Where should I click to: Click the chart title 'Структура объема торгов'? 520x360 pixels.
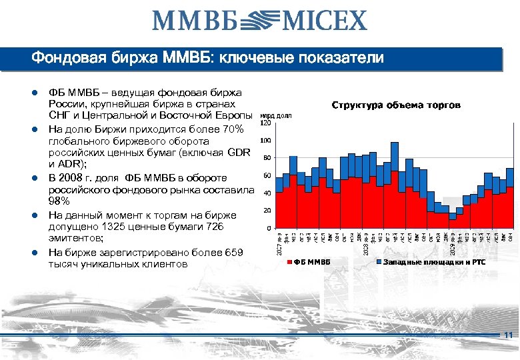(x=396, y=105)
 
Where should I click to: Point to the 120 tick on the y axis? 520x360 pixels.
(x=265, y=123)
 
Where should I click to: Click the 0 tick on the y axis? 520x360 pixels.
(x=267, y=229)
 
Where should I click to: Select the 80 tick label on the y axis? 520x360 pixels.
(x=266, y=159)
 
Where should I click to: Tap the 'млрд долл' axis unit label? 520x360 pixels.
(x=275, y=115)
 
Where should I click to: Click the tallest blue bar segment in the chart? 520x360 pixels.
(x=395, y=157)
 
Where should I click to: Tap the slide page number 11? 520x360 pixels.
(x=509, y=335)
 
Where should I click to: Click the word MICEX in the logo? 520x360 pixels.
(x=325, y=21)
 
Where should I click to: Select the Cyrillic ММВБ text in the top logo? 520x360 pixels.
(x=194, y=21)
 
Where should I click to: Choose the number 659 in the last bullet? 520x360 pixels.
(x=230, y=252)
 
